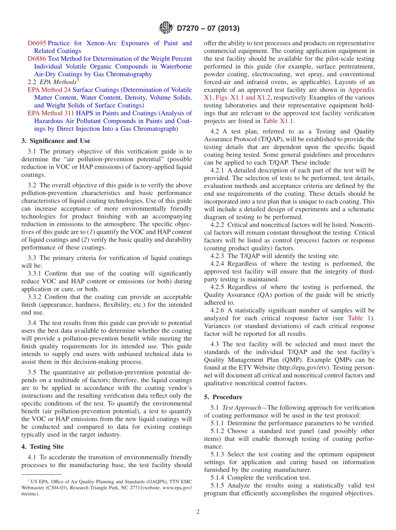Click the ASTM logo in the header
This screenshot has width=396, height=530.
(x=166, y=28)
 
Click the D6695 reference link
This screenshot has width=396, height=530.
(x=37, y=43)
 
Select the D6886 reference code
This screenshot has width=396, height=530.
(x=37, y=59)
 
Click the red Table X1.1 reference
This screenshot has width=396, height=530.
(x=278, y=121)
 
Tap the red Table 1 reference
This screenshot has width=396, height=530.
(x=360, y=318)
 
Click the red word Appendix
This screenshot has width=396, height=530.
(x=361, y=90)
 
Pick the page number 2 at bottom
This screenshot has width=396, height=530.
(x=198, y=512)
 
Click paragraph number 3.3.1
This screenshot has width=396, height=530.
(x=35, y=273)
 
